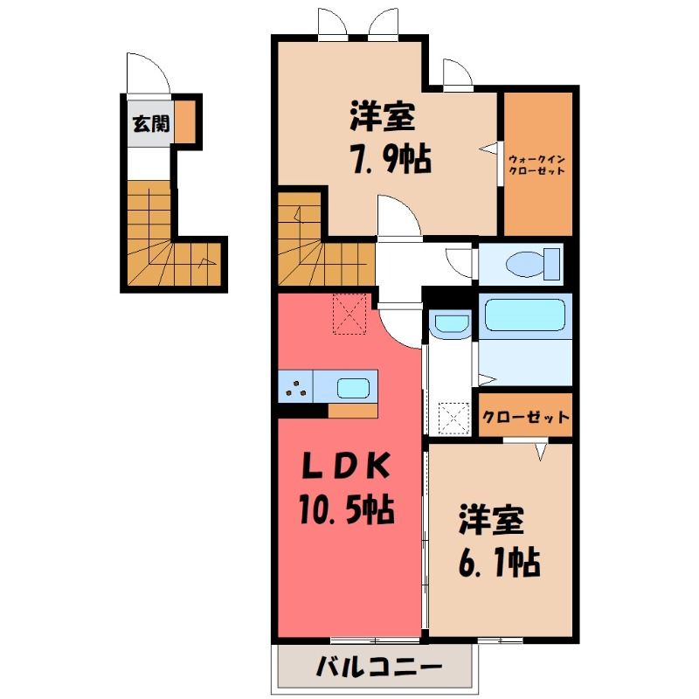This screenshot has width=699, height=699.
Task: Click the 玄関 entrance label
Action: pyautogui.click(x=151, y=123)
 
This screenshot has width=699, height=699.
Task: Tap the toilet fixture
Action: pyautogui.click(x=533, y=264)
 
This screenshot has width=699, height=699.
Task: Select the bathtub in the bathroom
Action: pyautogui.click(x=525, y=315)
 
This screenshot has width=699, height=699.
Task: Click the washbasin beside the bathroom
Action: pyautogui.click(x=451, y=323)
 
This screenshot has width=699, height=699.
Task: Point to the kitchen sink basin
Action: pyautogui.click(x=353, y=388)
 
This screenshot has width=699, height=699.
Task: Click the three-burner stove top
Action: pyautogui.click(x=295, y=387)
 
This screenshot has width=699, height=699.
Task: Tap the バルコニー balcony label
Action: pyautogui.click(x=379, y=668)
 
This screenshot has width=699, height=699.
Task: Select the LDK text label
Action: pyautogui.click(x=346, y=466)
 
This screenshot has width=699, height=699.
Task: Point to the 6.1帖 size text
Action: pyautogui.click(x=499, y=562)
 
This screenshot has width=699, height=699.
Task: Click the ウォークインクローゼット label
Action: pyautogui.click(x=537, y=165)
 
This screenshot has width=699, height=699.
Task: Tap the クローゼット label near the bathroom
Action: pyautogui.click(x=526, y=418)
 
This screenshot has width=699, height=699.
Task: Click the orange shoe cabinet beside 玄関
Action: pyautogui.click(x=184, y=121)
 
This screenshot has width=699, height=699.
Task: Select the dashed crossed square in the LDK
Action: pyautogui.click(x=350, y=314)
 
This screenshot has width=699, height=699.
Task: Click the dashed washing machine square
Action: pyautogui.click(x=453, y=419)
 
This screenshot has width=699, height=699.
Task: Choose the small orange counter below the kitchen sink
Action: pyautogui.click(x=353, y=411)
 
